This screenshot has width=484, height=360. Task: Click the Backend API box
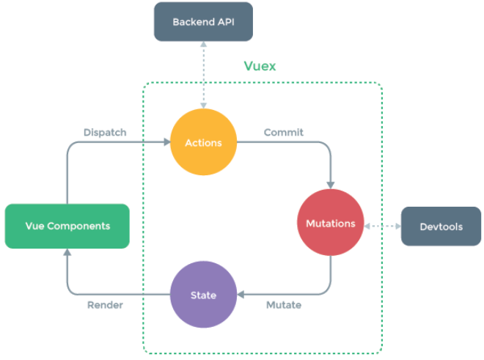(x=203, y=22)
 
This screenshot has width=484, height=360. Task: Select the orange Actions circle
(x=203, y=143)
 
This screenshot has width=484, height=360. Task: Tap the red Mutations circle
(x=329, y=223)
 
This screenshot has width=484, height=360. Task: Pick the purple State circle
(x=203, y=295)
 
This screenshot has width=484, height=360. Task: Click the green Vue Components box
(x=67, y=226)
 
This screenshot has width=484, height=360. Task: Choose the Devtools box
(x=441, y=226)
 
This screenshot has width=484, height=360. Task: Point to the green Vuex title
(x=260, y=66)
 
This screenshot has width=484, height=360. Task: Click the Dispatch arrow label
(x=106, y=133)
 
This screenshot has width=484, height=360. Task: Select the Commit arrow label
(x=284, y=133)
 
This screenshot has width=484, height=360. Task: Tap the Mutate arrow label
(x=284, y=305)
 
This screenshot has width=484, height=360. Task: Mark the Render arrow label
(x=106, y=305)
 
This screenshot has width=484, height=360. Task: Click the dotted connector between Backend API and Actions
(x=203, y=73)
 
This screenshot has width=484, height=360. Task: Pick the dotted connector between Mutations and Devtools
(x=381, y=225)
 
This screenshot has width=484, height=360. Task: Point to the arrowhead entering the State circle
(x=242, y=295)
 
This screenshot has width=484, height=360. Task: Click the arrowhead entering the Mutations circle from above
(x=330, y=185)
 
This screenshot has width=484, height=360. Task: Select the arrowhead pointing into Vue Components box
(x=67, y=252)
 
